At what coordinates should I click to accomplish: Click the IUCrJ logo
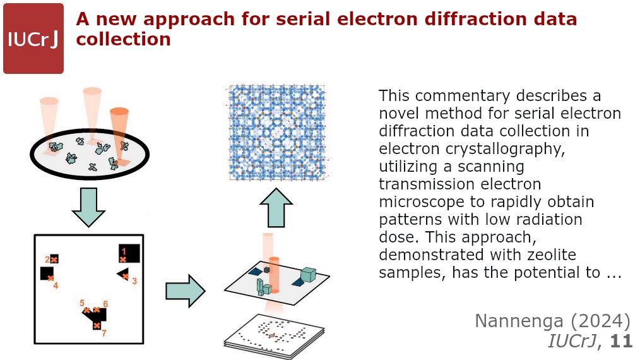tap(33, 39)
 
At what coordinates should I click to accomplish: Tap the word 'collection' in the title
tap(124, 39)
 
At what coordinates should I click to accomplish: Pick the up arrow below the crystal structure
tap(275, 208)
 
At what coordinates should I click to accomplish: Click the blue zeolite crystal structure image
tap(278, 133)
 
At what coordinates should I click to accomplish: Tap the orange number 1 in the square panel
tap(124, 251)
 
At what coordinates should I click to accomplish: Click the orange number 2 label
tap(47, 259)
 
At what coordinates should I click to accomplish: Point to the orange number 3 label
tap(134, 280)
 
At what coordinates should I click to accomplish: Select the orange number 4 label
tap(56, 285)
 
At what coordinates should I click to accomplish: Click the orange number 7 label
tap(105, 333)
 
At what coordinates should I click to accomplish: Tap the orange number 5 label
tap(82, 303)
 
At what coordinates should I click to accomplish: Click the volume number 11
tap(621, 341)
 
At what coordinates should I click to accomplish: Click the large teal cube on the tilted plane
tap(308, 275)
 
